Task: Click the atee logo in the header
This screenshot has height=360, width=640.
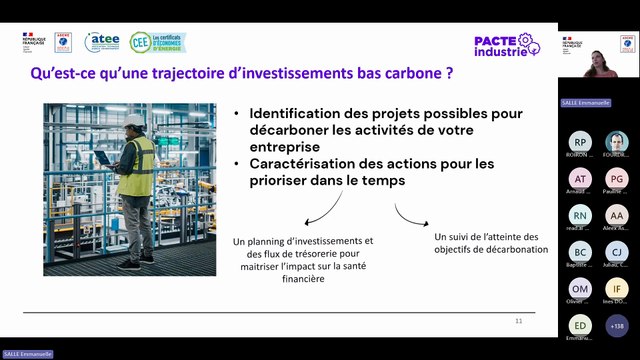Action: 102,42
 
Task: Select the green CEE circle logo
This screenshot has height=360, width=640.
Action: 141,42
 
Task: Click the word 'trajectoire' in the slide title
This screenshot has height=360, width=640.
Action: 188,73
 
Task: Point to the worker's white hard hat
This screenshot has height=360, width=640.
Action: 134,120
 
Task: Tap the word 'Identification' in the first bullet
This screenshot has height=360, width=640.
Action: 300,114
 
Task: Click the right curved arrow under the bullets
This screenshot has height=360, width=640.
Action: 408,215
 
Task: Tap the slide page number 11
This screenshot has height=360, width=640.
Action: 519,321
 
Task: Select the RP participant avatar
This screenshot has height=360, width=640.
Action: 581,142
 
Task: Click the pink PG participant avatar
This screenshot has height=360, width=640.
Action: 617,179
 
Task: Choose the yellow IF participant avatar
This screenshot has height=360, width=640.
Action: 617,288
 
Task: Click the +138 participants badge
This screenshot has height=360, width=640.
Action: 617,324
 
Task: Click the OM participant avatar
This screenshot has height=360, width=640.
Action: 581,288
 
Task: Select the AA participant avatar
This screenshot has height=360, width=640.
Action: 617,215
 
